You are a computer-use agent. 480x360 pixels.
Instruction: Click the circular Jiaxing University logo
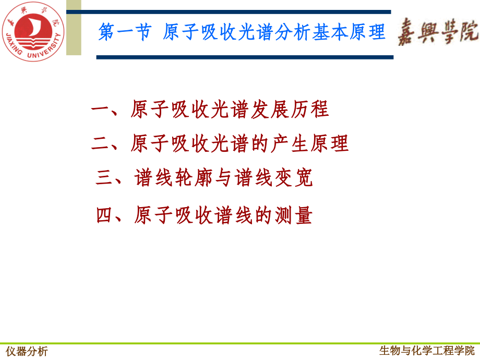coord(32,31)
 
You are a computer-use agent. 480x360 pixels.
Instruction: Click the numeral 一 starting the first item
coord(100,110)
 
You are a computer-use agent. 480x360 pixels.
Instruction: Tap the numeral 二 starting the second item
coord(100,143)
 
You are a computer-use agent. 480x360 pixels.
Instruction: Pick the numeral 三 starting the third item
coord(105,178)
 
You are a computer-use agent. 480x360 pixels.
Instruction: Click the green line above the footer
coord(240,343)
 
